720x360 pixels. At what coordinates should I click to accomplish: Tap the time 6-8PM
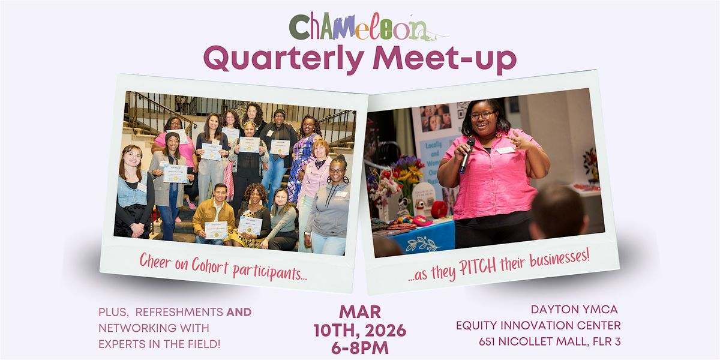(x=360, y=348)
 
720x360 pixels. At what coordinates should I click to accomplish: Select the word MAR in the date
(x=360, y=312)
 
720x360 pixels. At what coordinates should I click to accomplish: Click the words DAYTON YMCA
(x=574, y=310)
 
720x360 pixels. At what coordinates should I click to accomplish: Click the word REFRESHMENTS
(x=179, y=312)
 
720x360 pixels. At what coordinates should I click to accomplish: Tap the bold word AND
(x=239, y=312)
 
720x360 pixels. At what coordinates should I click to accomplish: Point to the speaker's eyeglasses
(x=483, y=115)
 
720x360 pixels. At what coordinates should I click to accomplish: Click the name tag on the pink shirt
(x=505, y=150)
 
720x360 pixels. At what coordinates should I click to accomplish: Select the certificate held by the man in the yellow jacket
(x=216, y=230)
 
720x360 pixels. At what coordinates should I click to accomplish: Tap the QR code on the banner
(x=463, y=110)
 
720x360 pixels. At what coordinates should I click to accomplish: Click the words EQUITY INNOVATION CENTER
(x=538, y=326)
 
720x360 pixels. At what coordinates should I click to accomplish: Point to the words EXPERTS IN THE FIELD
(x=160, y=344)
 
